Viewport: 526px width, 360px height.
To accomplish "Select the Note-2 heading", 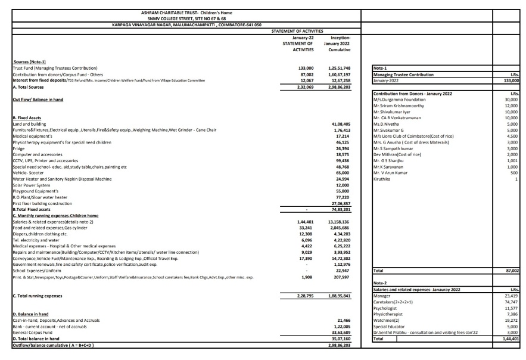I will pyautogui.click(x=380, y=283).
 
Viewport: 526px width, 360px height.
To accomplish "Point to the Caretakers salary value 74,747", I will pyautogui.click(x=511, y=303).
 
